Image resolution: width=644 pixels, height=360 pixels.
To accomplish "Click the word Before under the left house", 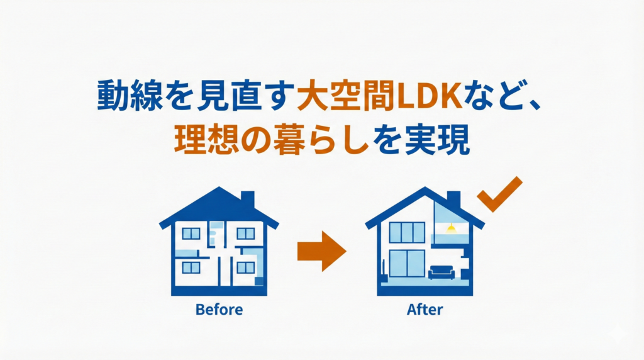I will click(219, 310).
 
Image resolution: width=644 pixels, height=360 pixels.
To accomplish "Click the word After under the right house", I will click(425, 310).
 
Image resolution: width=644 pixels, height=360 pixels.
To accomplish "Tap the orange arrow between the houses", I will click(321, 250).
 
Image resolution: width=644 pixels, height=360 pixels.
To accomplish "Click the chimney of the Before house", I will click(248, 199).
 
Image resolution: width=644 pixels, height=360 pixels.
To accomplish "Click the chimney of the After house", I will click(453, 199).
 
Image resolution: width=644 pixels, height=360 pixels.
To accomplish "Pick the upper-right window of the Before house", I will click(245, 233).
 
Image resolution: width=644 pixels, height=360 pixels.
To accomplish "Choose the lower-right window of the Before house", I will click(245, 267).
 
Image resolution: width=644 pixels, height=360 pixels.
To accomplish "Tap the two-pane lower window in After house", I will click(406, 262).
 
